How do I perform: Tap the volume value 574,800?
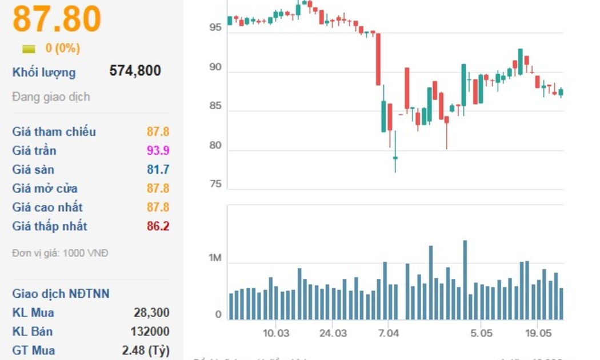click(x=135, y=71)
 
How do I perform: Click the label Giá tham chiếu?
click(x=54, y=132)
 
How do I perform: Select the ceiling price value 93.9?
click(x=158, y=151)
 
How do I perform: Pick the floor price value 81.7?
click(x=158, y=170)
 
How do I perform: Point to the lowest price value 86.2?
click(x=158, y=226)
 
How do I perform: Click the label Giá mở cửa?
click(x=45, y=189)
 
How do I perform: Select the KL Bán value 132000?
click(x=150, y=331)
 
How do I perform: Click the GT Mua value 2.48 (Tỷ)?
click(x=146, y=350)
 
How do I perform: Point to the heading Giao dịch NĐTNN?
click(x=61, y=294)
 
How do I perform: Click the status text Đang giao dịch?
click(x=51, y=97)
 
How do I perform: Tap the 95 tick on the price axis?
click(x=215, y=27)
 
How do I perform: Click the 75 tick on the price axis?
click(x=215, y=185)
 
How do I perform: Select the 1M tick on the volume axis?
click(x=215, y=258)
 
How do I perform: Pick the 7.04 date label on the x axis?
click(x=388, y=333)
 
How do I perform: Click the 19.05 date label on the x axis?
click(x=538, y=333)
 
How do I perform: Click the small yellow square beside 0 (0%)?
click(x=29, y=49)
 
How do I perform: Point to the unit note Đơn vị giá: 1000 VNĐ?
click(x=60, y=253)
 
